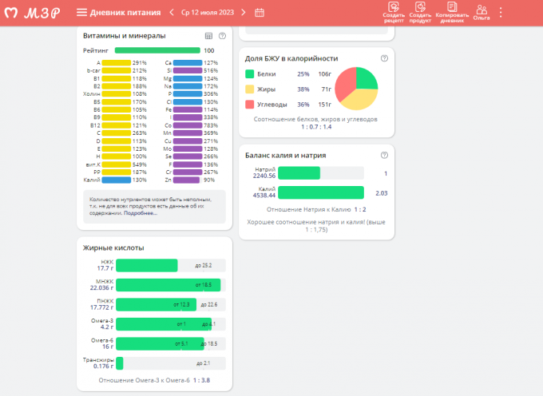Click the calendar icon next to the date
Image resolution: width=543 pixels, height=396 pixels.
(x=260, y=12)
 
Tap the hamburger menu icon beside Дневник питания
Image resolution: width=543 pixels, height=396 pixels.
(x=81, y=12)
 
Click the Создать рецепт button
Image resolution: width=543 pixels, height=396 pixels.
(x=393, y=12)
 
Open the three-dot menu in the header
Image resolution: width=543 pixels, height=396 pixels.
(x=501, y=12)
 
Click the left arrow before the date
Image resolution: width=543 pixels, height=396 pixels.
(x=171, y=12)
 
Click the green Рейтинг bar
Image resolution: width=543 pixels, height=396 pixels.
(x=151, y=50)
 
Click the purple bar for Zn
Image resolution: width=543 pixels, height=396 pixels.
(x=187, y=179)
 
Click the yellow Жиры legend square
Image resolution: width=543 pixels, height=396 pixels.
(x=249, y=89)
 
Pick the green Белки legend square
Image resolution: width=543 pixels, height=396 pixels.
(x=249, y=73)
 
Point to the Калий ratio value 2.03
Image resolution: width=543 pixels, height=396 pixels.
(x=381, y=192)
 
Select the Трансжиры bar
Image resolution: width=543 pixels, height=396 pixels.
(x=120, y=363)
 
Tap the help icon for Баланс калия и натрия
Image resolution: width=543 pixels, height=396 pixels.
(x=384, y=155)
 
